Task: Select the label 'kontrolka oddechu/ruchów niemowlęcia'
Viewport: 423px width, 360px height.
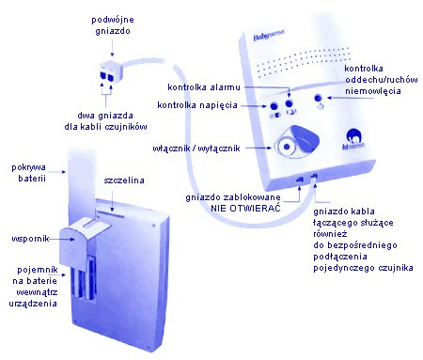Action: click(373, 82)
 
